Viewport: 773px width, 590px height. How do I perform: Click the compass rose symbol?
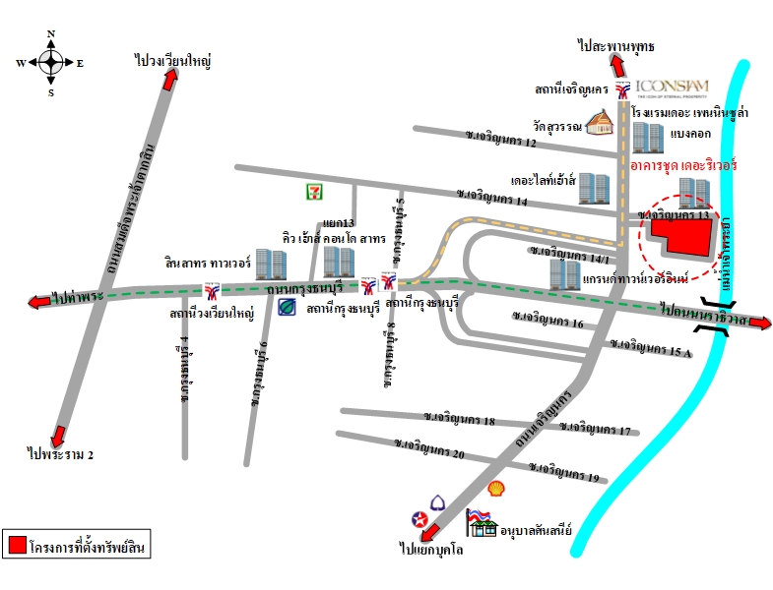(x=50, y=62)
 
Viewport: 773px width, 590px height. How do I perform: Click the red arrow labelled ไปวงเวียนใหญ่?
(x=169, y=83)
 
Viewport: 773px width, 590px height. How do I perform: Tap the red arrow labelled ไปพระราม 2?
(x=61, y=435)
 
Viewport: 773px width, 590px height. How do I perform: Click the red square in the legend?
(x=16, y=543)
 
